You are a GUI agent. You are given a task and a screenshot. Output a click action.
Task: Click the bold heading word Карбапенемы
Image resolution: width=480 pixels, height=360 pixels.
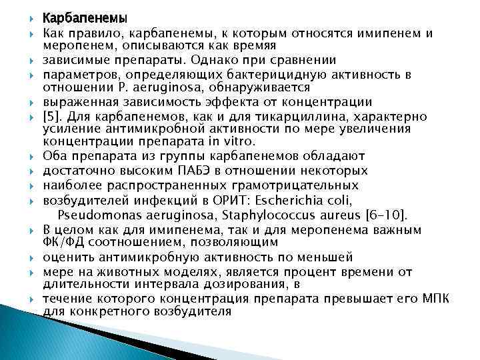pos(76,18)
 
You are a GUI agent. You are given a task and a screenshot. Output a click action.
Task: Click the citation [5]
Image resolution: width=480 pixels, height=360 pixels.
pos(53,116)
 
